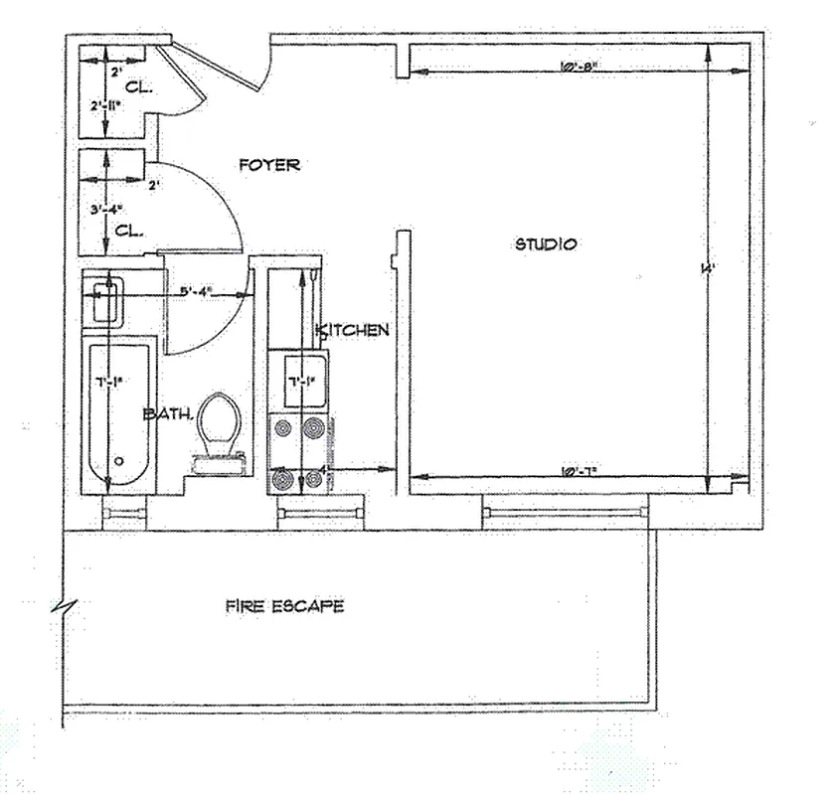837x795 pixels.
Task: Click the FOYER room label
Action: (268, 165)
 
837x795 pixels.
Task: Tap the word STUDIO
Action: (545, 243)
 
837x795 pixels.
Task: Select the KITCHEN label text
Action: (353, 330)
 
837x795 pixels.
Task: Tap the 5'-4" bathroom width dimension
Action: (200, 293)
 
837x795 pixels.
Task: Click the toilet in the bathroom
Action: (220, 424)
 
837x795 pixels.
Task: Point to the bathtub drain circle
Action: (118, 461)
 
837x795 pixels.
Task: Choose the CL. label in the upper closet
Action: (138, 87)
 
